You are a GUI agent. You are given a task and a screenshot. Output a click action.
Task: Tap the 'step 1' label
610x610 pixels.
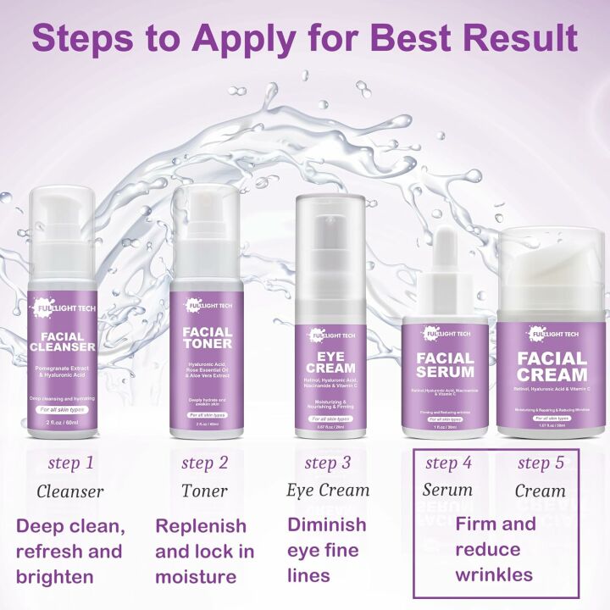coord(71,463)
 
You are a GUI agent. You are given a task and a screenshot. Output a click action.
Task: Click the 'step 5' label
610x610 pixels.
coord(540,463)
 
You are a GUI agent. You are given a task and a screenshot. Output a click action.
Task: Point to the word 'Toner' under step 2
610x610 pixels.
coord(204,491)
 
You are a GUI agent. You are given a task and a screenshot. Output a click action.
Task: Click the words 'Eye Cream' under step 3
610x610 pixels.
coord(328,491)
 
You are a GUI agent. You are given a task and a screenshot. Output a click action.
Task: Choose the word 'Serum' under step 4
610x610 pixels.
coord(447,491)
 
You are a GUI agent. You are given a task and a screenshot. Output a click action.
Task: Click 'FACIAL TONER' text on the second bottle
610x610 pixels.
coord(208,337)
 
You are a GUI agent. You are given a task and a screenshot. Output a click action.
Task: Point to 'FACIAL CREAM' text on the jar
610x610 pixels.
coord(552,366)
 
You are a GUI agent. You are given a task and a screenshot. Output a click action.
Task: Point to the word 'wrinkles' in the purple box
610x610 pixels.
coord(494,575)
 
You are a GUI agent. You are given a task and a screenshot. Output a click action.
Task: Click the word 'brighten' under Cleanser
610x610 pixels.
coord(55,577)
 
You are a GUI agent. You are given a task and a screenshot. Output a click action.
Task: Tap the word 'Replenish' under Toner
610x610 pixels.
coord(200,526)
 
